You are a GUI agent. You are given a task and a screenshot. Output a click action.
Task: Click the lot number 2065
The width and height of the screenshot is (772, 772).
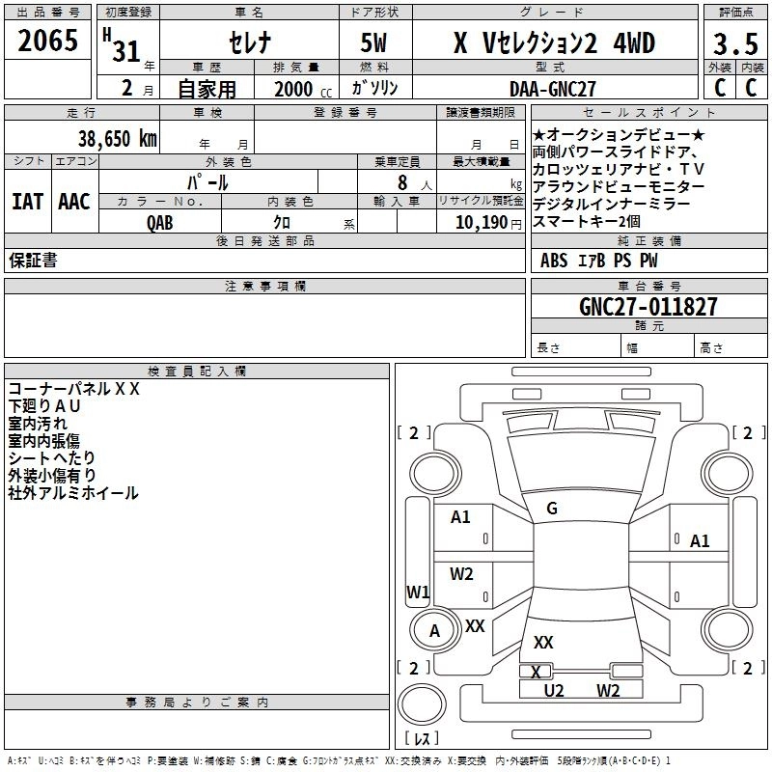click(x=47, y=41)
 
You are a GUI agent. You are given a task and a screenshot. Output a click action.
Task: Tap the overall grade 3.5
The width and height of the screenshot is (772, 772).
click(x=735, y=44)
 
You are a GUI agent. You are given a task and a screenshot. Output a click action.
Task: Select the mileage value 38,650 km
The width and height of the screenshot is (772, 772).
click(x=118, y=138)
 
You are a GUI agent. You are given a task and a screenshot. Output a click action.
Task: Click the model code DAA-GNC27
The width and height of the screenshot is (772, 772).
click(x=552, y=89)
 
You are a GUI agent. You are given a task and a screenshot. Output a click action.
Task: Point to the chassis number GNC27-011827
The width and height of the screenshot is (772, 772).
click(x=648, y=307)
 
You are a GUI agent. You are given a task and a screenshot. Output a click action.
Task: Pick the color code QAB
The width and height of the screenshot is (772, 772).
click(x=160, y=223)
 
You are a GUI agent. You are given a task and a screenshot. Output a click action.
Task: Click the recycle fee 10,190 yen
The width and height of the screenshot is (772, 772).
click(x=488, y=223)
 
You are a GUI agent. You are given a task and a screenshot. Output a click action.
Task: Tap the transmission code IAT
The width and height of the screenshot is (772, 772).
click(x=28, y=202)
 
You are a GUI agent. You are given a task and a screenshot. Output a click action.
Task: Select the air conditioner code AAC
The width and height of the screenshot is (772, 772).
click(x=74, y=202)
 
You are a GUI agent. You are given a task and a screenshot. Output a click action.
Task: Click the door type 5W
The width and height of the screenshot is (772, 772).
click(x=373, y=42)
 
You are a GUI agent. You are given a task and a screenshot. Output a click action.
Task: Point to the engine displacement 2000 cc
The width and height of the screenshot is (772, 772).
click(x=303, y=89)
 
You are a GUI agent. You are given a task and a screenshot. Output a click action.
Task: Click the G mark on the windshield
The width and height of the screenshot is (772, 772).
click(x=552, y=509)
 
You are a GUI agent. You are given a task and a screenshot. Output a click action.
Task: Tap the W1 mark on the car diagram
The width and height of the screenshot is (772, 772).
click(x=418, y=592)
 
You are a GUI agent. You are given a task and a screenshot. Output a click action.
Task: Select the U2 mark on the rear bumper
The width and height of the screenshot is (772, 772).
click(x=553, y=691)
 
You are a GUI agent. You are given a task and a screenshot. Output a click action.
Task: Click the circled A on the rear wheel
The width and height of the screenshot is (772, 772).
click(x=434, y=631)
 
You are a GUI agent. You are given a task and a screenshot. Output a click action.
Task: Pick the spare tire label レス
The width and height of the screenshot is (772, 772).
click(x=422, y=738)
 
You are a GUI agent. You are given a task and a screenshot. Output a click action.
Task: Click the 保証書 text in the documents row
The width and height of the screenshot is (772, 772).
click(x=33, y=261)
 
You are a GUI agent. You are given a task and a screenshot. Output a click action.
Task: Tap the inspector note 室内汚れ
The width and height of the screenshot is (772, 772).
click(x=38, y=424)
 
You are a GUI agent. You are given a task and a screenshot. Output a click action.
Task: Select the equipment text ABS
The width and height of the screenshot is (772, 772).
click(x=554, y=261)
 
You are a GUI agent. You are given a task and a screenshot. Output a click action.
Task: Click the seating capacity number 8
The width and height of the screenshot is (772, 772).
click(x=402, y=182)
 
